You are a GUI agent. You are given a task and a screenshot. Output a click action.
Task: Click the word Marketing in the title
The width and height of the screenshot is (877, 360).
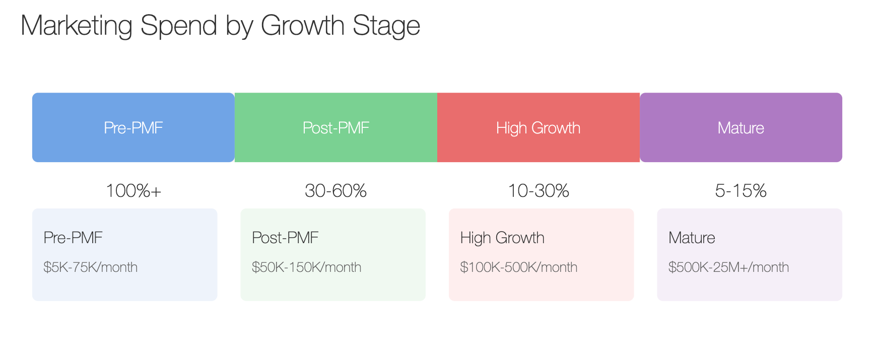coord(76,26)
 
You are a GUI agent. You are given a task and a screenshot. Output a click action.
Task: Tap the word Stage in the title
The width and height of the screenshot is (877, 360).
coord(386,26)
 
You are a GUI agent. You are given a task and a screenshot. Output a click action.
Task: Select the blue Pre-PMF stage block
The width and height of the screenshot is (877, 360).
coord(133,127)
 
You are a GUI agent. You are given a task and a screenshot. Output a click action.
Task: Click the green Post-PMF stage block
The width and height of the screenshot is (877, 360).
coord(336,127)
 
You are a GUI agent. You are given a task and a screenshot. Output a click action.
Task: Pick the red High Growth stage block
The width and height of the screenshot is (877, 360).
coord(538,127)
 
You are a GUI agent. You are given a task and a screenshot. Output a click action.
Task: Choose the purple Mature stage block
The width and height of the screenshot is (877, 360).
coord(741,127)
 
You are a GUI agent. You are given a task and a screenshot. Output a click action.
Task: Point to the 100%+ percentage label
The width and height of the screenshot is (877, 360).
coord(133,191)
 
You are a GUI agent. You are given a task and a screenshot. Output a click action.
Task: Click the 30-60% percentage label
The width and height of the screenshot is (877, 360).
coord(336,191)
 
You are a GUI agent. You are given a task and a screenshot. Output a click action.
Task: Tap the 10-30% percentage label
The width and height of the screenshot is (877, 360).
coord(538,191)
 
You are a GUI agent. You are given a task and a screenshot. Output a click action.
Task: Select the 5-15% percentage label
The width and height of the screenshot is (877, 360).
coord(741,191)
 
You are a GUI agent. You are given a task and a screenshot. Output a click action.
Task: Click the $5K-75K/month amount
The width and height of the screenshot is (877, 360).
coord(91,267)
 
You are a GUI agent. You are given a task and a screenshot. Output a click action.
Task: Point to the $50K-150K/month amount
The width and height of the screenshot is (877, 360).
coord(307,267)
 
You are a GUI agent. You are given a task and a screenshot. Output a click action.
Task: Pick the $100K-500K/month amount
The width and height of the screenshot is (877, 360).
coord(519,267)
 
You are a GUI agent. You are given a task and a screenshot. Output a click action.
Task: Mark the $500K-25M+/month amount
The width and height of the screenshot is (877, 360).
coord(729,267)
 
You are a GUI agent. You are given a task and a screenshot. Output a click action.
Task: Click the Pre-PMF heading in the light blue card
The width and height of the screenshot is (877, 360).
coord(73,238)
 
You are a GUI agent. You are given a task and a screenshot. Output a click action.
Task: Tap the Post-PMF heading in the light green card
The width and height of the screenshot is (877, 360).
coord(286,238)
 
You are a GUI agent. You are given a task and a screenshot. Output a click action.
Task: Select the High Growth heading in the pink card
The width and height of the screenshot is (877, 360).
coord(502,238)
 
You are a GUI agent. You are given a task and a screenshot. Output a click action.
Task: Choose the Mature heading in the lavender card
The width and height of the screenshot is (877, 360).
coord(692,238)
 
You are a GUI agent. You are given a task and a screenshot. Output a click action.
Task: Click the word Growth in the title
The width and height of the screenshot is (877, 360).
coord(303,26)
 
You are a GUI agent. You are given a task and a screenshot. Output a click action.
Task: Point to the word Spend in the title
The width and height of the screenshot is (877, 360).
coord(179,26)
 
